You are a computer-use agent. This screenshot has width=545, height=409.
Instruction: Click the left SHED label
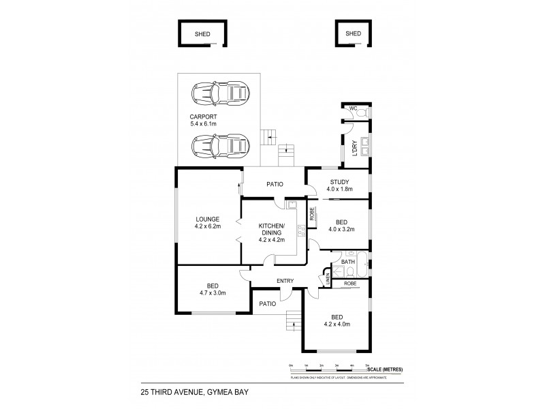[x=202, y=33]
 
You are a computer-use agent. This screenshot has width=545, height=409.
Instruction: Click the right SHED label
[x=353, y=33]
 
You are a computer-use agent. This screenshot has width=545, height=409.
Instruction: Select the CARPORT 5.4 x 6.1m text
[x=203, y=120]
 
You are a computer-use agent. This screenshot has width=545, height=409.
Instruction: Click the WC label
[x=353, y=109]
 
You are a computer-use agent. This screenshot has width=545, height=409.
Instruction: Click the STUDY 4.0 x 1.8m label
[x=339, y=185]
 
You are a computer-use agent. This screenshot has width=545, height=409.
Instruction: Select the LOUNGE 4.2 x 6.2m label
[x=207, y=223]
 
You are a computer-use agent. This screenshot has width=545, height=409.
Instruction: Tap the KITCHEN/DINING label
[x=271, y=232]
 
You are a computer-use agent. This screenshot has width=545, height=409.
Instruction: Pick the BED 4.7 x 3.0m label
[x=212, y=289]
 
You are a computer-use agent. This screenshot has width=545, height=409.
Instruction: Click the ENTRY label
[x=285, y=280]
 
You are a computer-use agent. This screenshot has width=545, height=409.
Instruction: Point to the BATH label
[x=347, y=262]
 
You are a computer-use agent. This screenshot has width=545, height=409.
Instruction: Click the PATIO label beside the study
[x=275, y=184]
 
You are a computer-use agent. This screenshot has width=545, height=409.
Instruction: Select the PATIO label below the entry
[x=266, y=303]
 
